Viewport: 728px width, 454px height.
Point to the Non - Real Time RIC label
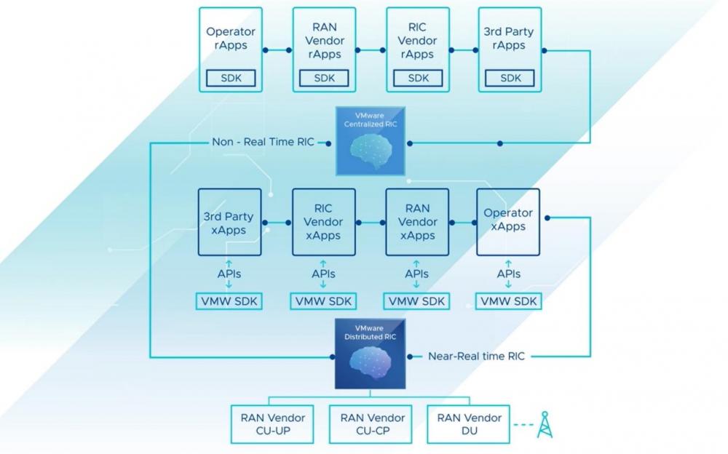point(263,142)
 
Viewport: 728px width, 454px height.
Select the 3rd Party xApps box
point(229,222)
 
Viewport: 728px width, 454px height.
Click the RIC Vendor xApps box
point(323,222)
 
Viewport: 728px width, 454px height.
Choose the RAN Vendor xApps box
point(417,222)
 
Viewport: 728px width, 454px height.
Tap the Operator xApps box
point(508,222)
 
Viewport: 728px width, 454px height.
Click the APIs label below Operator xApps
point(509,274)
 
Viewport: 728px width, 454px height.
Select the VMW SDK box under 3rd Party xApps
point(229,301)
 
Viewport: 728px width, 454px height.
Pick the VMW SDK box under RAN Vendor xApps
point(417,301)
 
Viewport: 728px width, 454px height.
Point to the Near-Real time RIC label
point(476,356)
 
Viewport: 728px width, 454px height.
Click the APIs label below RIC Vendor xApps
point(323,274)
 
